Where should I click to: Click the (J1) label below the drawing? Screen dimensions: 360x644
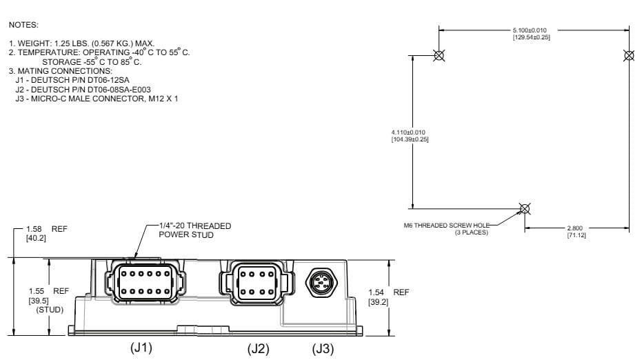(141, 347)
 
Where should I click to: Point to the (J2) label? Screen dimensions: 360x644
(259, 349)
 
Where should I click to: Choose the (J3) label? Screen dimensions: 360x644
(323, 349)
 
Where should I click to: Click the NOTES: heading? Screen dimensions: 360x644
(23, 26)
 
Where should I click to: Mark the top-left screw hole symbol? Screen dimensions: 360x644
(439, 55)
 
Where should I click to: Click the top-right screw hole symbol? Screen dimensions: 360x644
(628, 55)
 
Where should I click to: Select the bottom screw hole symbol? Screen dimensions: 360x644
(525, 208)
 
